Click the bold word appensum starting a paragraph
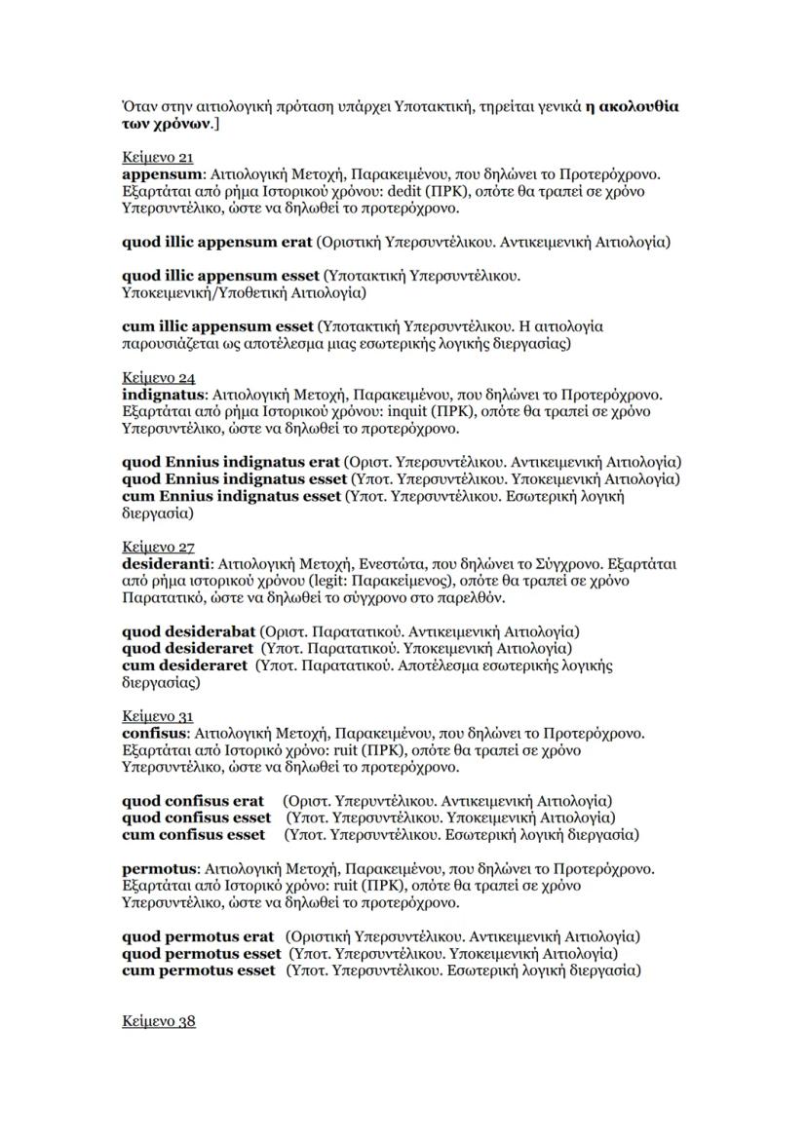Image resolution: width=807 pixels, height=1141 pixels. click(x=155, y=173)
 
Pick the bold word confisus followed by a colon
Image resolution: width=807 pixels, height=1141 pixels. click(x=156, y=733)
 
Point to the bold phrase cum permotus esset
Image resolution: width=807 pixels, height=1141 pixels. click(x=199, y=970)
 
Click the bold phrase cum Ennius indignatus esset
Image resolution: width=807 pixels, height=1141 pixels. click(x=231, y=496)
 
